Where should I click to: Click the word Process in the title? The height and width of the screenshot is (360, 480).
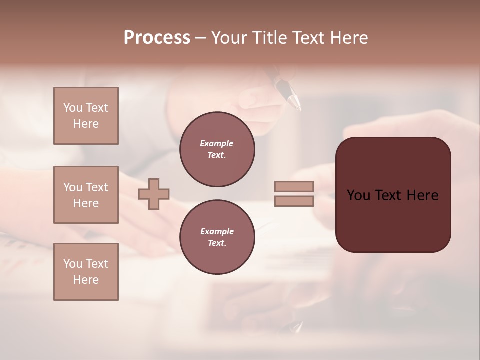pyautogui.click(x=157, y=38)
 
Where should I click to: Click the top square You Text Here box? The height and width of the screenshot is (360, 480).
pyautogui.click(x=86, y=116)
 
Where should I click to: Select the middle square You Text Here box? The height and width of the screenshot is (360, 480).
pyautogui.click(x=86, y=195)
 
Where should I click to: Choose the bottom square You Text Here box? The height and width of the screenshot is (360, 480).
pyautogui.click(x=86, y=272)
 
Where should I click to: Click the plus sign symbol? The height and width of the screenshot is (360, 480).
pyautogui.click(x=154, y=194)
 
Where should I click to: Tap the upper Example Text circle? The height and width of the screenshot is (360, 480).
pyautogui.click(x=217, y=149)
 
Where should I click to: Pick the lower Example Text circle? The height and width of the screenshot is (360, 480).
pyautogui.click(x=217, y=237)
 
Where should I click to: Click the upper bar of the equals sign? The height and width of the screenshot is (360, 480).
pyautogui.click(x=294, y=187)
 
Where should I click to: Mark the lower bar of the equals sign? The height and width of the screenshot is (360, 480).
pyautogui.click(x=294, y=201)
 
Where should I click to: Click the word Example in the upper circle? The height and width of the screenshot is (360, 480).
pyautogui.click(x=217, y=144)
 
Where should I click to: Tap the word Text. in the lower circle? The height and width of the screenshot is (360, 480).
pyautogui.click(x=217, y=243)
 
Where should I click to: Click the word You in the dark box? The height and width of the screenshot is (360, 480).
pyautogui.click(x=359, y=195)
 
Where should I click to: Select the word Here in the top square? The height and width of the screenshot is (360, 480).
pyautogui.click(x=86, y=124)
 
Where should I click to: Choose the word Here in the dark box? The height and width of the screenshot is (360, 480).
pyautogui.click(x=422, y=195)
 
